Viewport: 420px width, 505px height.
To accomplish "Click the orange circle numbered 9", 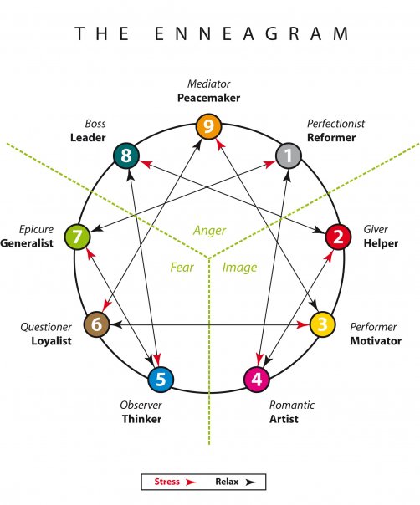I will tap(208, 127).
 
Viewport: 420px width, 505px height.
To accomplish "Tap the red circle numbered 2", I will tap(338, 237).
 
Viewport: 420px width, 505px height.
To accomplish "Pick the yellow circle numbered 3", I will tap(322, 324).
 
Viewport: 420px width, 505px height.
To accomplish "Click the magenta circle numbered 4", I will tap(257, 379).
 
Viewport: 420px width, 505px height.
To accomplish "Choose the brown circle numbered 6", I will tap(96, 324).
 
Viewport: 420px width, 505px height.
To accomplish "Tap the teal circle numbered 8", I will tap(126, 155).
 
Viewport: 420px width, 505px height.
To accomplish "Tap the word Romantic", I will tap(292, 405).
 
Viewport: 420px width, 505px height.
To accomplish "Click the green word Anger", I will tap(209, 230).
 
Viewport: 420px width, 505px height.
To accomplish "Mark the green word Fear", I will tap(182, 268).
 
